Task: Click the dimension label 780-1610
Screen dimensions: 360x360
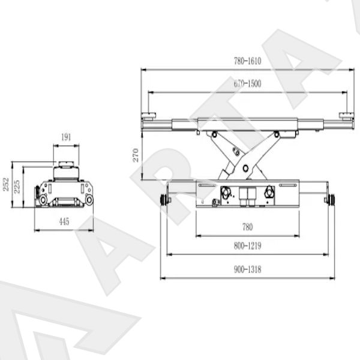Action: pos(247,61)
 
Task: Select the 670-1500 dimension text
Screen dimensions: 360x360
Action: pos(247,83)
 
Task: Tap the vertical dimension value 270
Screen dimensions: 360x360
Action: pos(136,155)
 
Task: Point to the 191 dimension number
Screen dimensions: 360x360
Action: pos(66,137)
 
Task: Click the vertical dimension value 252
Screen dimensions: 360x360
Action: pos(6,184)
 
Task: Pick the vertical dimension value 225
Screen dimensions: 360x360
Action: pos(17,187)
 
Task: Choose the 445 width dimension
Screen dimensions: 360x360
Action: pos(64,221)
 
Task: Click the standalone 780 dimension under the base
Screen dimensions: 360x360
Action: pos(247,227)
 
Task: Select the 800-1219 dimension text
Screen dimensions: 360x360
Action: pos(247,246)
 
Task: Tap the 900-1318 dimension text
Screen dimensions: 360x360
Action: pos(247,269)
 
